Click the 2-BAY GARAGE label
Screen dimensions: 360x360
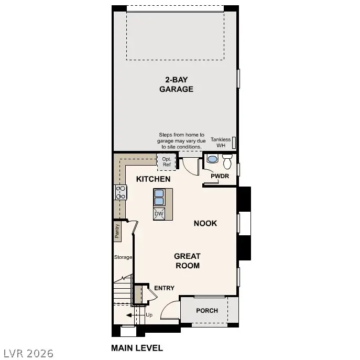(176, 84)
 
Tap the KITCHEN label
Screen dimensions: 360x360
(153, 179)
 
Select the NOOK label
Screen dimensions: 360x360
(205, 223)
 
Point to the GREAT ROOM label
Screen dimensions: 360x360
(187, 260)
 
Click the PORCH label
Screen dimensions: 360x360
(207, 311)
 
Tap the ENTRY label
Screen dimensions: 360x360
(164, 288)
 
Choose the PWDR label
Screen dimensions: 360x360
(220, 176)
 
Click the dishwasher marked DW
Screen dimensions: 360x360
(159, 213)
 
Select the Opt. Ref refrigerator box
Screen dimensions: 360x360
(167, 161)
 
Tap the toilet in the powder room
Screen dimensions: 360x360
(227, 159)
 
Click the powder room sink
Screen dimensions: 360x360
(212, 159)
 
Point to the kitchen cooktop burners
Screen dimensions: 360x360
(121, 192)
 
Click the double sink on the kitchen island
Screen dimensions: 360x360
(159, 197)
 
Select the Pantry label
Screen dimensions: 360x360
(117, 231)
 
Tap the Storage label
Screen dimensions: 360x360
(123, 257)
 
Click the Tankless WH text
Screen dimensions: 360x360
(220, 142)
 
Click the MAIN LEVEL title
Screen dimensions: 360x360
(137, 347)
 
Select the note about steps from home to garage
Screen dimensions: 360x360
(181, 141)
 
